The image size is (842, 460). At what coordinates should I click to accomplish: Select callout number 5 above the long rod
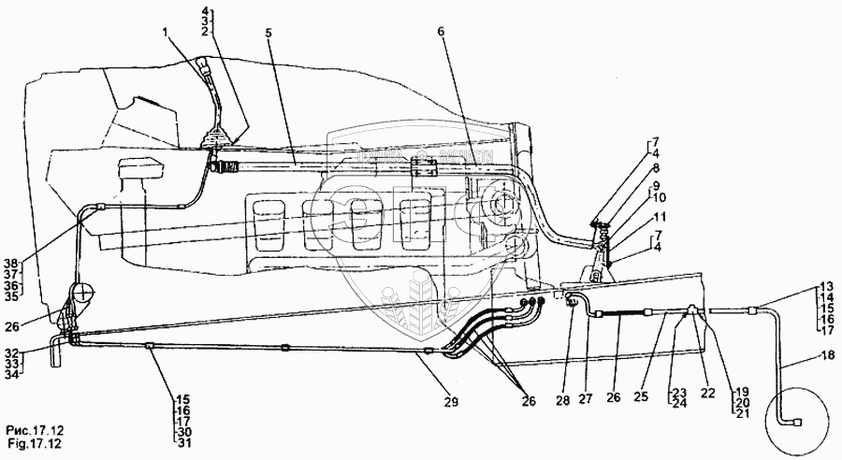(x=269, y=32)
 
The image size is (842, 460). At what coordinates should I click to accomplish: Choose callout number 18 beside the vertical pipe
(x=799, y=354)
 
